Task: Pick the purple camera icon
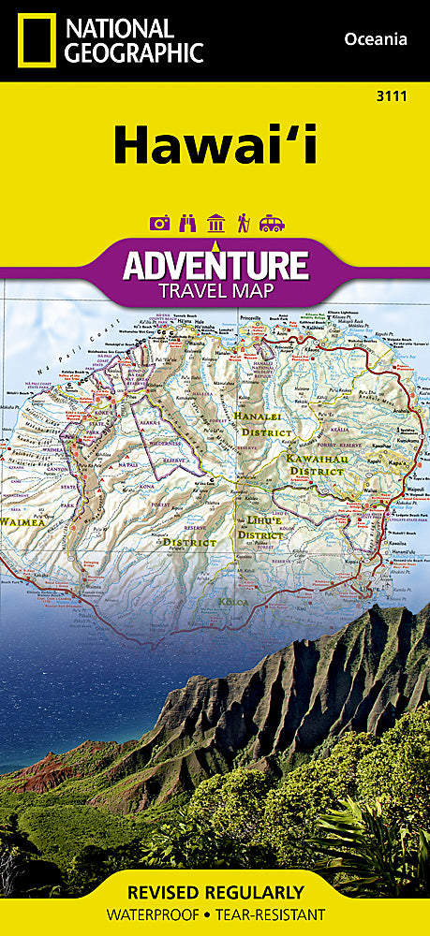click(160, 224)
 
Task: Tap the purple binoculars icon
click(186, 224)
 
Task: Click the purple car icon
click(270, 224)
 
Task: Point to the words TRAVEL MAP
click(215, 290)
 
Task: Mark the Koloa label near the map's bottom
click(234, 601)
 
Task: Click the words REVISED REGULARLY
click(215, 892)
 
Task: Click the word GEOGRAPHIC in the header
click(134, 53)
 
